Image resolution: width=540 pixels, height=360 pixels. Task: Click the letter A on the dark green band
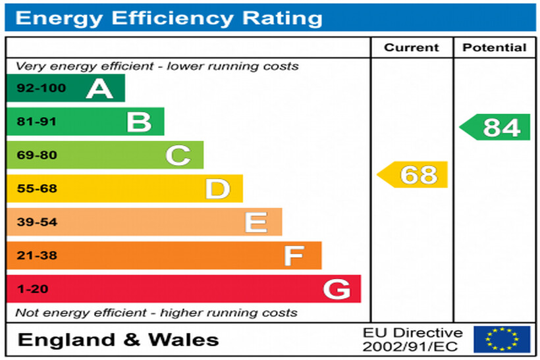pyautogui.click(x=99, y=88)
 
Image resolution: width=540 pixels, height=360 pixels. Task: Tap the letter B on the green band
pyautogui.click(x=139, y=122)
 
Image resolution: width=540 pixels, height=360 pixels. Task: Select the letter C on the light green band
pyautogui.click(x=178, y=155)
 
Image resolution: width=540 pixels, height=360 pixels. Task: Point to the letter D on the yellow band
pyautogui.click(x=217, y=189)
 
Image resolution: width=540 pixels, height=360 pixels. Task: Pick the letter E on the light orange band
pyautogui.click(x=256, y=222)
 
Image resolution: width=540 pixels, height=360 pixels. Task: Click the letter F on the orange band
pyautogui.click(x=294, y=255)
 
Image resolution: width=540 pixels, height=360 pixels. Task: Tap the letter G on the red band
pyautogui.click(x=337, y=289)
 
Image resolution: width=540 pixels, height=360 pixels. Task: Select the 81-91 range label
pyautogui.click(x=37, y=122)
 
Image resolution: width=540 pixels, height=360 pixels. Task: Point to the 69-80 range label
pyautogui.click(x=37, y=155)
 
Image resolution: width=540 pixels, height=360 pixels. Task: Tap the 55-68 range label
pyautogui.click(x=37, y=189)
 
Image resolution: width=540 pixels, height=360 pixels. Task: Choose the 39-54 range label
pyautogui.click(x=37, y=222)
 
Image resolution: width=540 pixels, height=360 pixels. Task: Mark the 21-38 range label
pyautogui.click(x=37, y=255)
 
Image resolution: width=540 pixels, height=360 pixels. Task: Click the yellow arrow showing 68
pyautogui.click(x=413, y=175)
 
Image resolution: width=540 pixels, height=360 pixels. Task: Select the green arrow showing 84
pyautogui.click(x=496, y=127)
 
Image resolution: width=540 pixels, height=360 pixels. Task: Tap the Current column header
pyautogui.click(x=412, y=47)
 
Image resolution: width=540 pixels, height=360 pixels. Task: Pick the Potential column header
pyautogui.click(x=495, y=47)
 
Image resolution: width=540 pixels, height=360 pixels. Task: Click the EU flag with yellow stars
pyautogui.click(x=502, y=339)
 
